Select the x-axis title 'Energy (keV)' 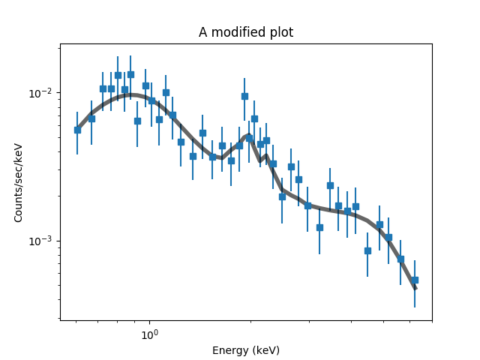pos(245,350)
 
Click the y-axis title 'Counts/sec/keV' pos(19,182)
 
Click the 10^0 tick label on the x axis pos(149,333)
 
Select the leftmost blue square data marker pos(77,130)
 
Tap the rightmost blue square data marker pos(415,280)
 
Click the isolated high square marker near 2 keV pos(244,96)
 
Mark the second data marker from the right pos(400,259)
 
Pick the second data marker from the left pos(91,118)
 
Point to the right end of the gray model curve pos(415,289)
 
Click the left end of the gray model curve pos(76,128)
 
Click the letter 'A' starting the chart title pos(202,32)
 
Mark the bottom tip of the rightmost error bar pos(415,307)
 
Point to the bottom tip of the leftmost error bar pos(77,154)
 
